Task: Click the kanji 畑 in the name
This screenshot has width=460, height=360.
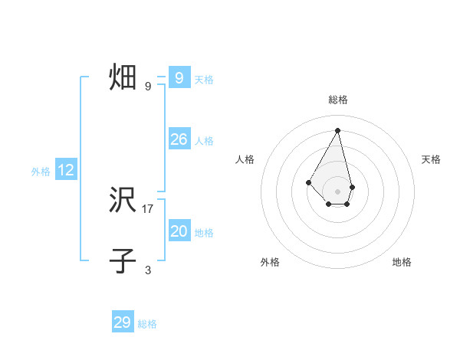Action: tap(123, 78)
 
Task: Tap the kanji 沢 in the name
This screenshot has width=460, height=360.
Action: tap(123, 201)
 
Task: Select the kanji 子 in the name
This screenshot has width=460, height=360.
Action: tap(123, 260)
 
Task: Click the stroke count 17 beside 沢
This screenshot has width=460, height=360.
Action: tap(148, 208)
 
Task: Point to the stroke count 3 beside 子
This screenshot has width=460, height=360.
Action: tap(148, 270)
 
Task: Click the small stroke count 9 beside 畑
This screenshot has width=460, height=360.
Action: tap(148, 87)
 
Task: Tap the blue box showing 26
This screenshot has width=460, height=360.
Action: tap(179, 139)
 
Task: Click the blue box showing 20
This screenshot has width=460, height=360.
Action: tap(179, 231)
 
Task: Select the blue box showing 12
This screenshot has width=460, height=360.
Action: tap(66, 171)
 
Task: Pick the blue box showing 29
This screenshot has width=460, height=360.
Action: tap(123, 322)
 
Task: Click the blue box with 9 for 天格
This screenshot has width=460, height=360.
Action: tap(179, 78)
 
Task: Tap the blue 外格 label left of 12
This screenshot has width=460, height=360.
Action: tap(41, 172)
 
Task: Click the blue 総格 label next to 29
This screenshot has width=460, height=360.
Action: tap(147, 324)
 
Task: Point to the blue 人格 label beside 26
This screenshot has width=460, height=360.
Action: tap(204, 141)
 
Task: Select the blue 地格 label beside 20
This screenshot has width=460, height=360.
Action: tap(204, 233)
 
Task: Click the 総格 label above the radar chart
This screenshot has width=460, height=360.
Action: tap(338, 100)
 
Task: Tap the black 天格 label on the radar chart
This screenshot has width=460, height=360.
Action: tap(431, 159)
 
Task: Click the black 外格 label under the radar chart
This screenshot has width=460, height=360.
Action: tap(270, 262)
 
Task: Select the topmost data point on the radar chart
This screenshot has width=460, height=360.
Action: tap(338, 129)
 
